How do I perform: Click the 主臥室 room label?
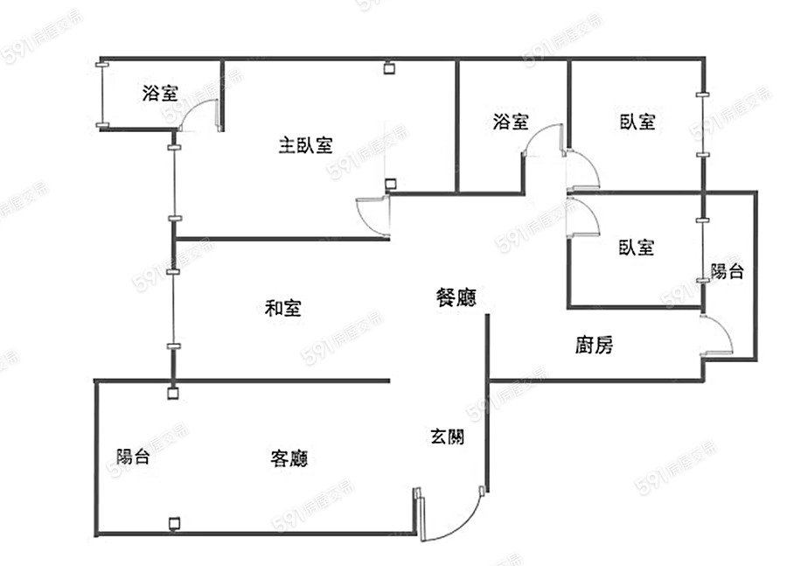[x=305, y=145]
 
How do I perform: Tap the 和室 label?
[x=283, y=308]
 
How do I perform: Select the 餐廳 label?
[x=456, y=297]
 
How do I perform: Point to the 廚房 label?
[x=594, y=346]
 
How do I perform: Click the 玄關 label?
[x=447, y=436]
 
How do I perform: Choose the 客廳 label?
[x=289, y=458]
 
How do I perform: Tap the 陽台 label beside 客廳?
[x=133, y=456]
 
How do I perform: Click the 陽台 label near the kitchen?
[x=727, y=271]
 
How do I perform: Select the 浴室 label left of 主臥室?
[x=160, y=94]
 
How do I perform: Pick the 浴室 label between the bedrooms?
[x=511, y=122]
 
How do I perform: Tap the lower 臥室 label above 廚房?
[x=636, y=248]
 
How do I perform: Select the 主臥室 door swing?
[x=372, y=216]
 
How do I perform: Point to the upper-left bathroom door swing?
[x=198, y=114]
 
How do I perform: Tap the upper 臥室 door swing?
[x=584, y=170]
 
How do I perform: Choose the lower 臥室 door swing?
[x=584, y=218]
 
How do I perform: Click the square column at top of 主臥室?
[x=389, y=67]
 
